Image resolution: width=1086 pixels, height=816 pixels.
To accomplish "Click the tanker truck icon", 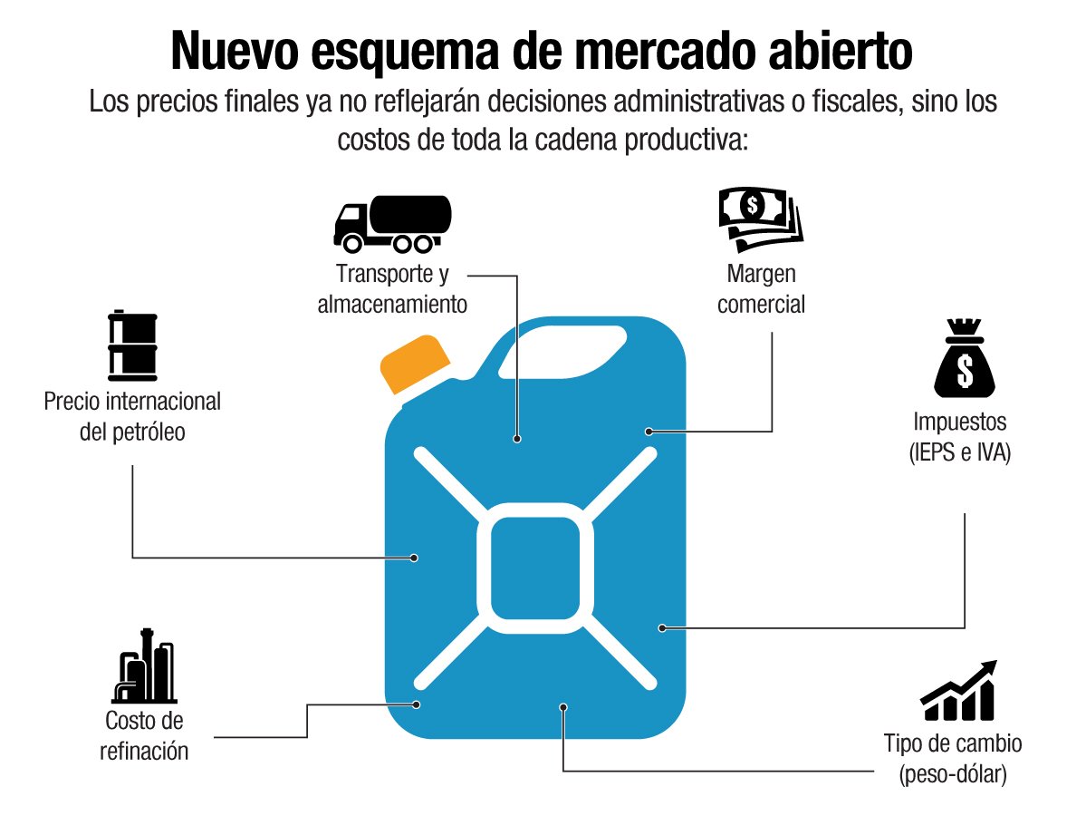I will tap(391, 222).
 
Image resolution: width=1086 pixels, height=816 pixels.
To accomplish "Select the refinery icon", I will tap(143, 672).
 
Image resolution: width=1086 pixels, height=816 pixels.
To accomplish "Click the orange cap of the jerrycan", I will tap(414, 364).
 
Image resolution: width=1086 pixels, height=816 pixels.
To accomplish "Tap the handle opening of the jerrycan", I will tap(572, 346).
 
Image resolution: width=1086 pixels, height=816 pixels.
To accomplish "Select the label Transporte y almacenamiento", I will tap(392, 289).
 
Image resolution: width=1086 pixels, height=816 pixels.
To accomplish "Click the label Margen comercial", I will tap(761, 289).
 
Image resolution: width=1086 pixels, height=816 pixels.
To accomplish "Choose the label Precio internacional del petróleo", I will tap(132, 416).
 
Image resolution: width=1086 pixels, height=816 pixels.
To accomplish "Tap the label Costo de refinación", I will tap(145, 735).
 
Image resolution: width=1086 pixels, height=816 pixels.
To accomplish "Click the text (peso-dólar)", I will tap(953, 775).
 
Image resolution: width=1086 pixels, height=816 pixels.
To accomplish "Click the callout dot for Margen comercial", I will tap(649, 431).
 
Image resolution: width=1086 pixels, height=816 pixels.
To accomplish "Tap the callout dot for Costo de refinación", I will tap(418, 704).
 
